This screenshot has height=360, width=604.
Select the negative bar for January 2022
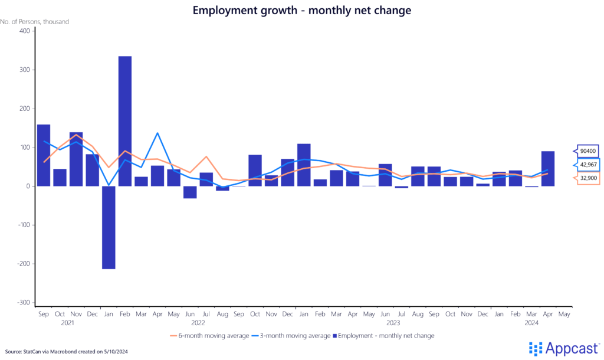(109, 227)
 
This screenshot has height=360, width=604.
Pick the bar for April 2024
(548, 169)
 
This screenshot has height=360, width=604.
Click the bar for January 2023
(304, 165)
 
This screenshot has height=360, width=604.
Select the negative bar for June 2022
(190, 192)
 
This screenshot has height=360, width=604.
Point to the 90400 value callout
(587, 151)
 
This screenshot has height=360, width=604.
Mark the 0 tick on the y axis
(27, 186)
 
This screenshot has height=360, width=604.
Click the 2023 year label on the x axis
(393, 323)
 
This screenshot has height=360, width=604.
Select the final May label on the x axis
(564, 314)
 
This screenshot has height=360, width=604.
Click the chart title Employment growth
(301, 10)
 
